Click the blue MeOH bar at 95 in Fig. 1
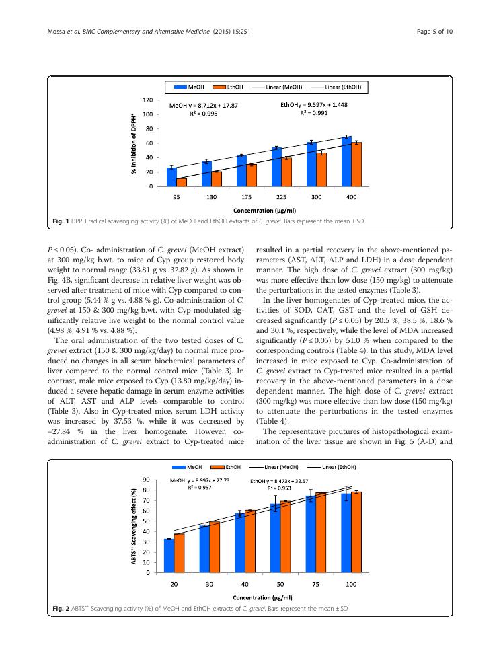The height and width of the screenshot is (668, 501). click(x=171, y=177)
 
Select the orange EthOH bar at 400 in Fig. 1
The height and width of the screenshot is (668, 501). click(x=357, y=165)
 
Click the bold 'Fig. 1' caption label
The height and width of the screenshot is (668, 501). click(x=61, y=221)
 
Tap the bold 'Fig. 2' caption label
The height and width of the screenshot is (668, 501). click(x=62, y=608)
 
